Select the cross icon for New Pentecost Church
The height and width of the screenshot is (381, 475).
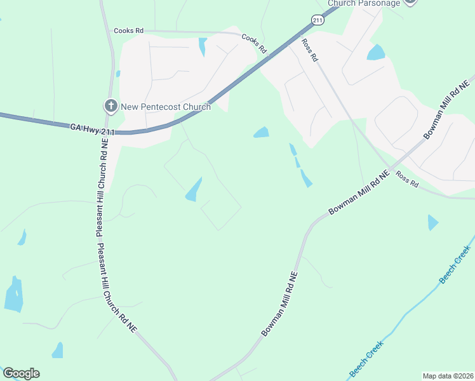click(x=110, y=106)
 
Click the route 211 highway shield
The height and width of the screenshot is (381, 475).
click(x=318, y=21)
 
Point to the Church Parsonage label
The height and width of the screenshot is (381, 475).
click(x=364, y=3)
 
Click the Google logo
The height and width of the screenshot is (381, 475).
click(x=21, y=373)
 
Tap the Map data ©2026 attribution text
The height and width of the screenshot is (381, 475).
click(x=448, y=376)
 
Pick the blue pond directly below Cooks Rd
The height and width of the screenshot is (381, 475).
click(x=203, y=47)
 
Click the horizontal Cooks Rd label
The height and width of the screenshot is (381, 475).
click(x=129, y=30)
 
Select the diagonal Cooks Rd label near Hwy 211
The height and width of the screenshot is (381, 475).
click(x=254, y=43)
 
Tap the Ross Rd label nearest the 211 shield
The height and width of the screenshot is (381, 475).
click(x=309, y=50)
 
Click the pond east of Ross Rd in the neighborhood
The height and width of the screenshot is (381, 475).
click(x=376, y=53)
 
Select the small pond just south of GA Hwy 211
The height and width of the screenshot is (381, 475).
click(x=261, y=132)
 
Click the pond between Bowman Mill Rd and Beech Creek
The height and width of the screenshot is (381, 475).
click(x=432, y=222)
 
